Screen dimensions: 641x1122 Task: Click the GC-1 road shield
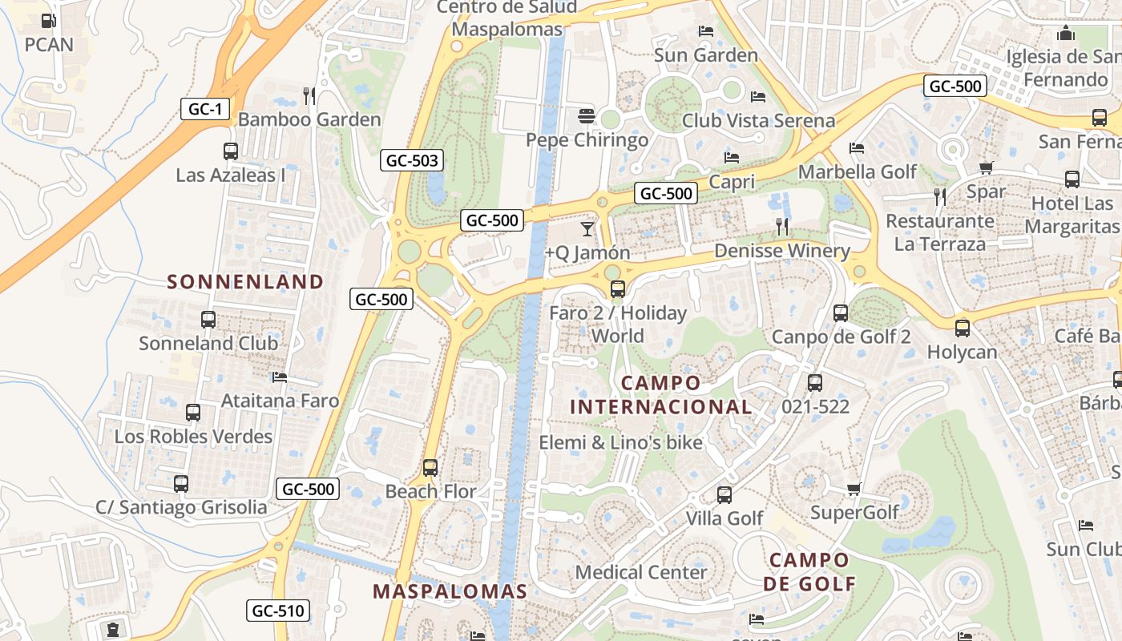pyautogui.click(x=205, y=108)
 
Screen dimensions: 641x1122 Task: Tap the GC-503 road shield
pyautogui.click(x=412, y=160)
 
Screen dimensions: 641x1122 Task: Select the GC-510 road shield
pyautogui.click(x=277, y=611)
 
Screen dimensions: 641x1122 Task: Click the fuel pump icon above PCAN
pyautogui.click(x=49, y=21)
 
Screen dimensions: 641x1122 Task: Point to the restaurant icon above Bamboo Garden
pyautogui.click(x=309, y=96)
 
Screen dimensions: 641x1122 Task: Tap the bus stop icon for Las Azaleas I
pyautogui.click(x=230, y=151)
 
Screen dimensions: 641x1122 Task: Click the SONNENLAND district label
pyautogui.click(x=244, y=282)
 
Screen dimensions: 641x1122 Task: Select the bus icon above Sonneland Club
pyautogui.click(x=208, y=320)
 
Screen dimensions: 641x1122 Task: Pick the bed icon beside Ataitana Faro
pyautogui.click(x=279, y=377)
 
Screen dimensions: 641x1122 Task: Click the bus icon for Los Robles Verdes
pyautogui.click(x=193, y=413)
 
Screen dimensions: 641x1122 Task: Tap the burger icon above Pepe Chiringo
pyautogui.click(x=586, y=116)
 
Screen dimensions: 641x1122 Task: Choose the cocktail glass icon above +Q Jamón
pyautogui.click(x=587, y=229)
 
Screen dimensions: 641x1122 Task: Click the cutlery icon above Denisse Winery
pyautogui.click(x=782, y=227)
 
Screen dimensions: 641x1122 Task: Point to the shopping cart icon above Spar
pyautogui.click(x=986, y=168)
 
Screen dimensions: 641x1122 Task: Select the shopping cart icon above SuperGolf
pyautogui.click(x=854, y=489)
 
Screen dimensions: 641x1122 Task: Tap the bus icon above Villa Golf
pyautogui.click(x=724, y=495)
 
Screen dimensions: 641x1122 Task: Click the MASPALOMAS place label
pyautogui.click(x=450, y=592)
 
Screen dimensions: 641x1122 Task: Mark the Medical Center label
pyautogui.click(x=641, y=572)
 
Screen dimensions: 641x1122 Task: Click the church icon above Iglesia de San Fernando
pyautogui.click(x=1065, y=33)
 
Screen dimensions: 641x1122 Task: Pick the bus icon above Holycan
pyautogui.click(x=962, y=328)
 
